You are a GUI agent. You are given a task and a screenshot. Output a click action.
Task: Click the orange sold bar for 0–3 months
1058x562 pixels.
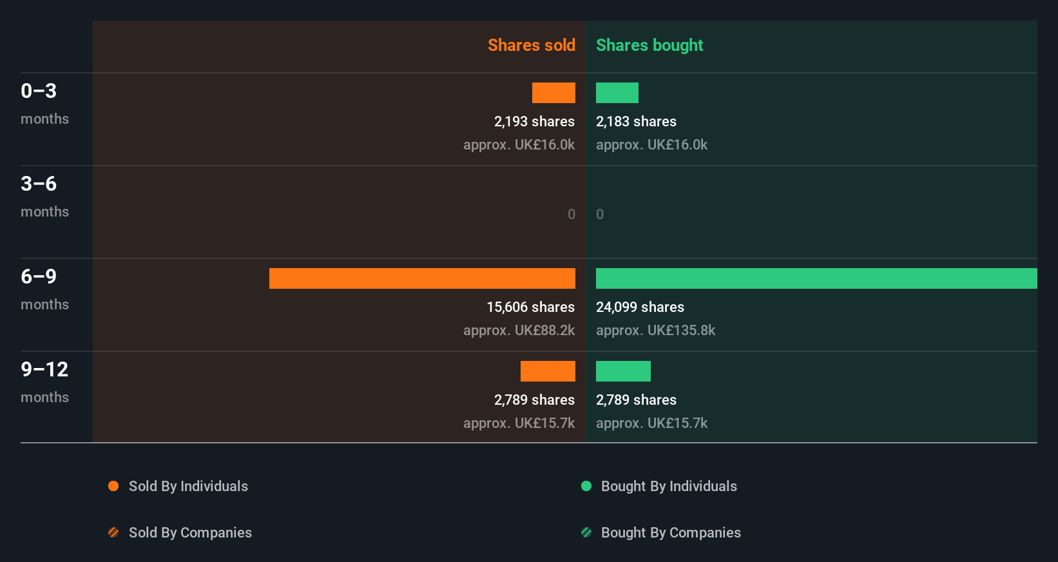click(553, 93)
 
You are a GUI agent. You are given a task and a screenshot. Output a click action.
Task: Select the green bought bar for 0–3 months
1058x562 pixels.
click(617, 93)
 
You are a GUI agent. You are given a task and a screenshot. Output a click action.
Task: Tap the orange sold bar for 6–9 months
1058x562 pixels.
click(422, 278)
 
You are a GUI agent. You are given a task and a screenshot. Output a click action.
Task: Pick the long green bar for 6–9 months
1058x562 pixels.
click(816, 278)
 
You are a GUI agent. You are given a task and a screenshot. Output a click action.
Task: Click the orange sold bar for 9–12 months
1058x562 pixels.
click(548, 371)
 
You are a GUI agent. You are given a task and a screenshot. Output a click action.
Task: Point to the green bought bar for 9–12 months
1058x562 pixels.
click(623, 371)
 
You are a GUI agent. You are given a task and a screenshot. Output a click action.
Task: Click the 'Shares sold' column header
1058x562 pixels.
click(531, 45)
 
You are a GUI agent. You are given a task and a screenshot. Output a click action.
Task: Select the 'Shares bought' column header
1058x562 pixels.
click(649, 45)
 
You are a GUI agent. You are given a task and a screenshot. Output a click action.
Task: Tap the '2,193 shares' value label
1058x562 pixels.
click(534, 121)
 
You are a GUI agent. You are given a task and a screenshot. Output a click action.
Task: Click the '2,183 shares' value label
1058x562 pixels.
click(636, 121)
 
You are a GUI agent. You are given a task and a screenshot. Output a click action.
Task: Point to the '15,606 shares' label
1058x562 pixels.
click(530, 307)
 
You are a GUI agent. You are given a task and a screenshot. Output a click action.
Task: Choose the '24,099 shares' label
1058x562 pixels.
click(640, 307)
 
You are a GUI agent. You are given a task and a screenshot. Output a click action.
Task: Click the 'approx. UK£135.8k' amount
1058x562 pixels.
click(655, 330)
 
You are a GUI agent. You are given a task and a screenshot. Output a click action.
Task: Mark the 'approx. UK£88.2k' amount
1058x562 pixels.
click(519, 330)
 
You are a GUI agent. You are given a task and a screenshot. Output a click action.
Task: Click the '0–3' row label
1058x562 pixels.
click(39, 91)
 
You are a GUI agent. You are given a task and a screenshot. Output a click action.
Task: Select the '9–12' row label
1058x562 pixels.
click(44, 369)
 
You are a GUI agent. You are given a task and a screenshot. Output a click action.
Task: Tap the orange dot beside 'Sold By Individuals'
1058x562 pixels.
click(113, 486)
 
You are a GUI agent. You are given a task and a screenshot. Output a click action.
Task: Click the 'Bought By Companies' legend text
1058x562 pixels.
click(671, 532)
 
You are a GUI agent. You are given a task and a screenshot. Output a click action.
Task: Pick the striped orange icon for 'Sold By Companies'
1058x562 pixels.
click(113, 532)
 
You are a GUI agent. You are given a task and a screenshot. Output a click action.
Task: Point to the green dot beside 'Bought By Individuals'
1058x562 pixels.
click(586, 486)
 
